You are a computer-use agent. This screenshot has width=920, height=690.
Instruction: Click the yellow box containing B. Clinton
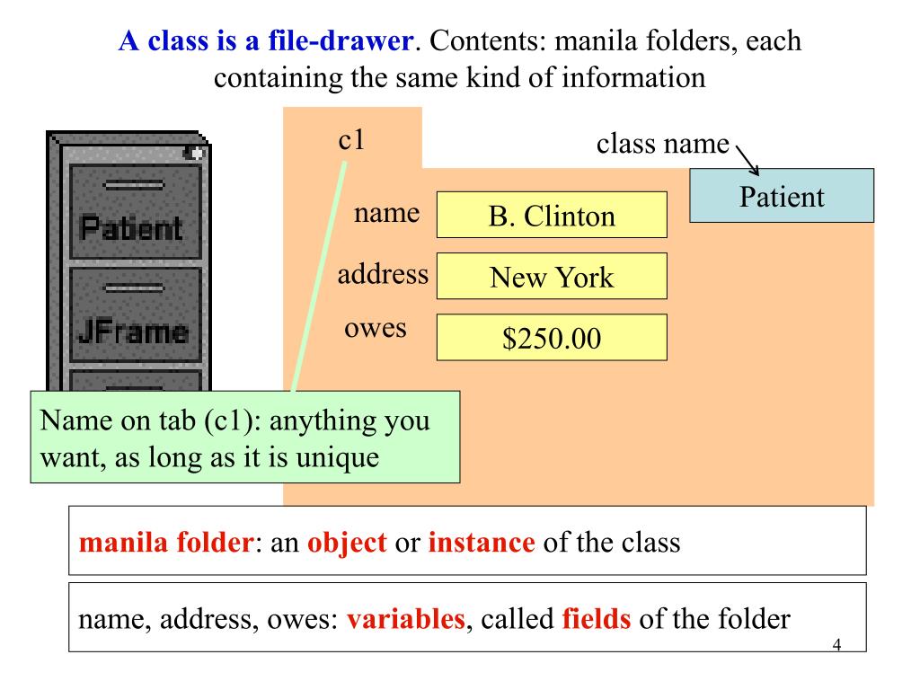(552, 215)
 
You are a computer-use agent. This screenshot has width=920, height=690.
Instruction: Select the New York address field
(552, 276)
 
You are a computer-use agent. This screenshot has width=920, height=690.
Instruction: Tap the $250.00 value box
(552, 337)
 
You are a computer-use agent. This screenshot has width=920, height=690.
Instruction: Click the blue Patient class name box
(782, 196)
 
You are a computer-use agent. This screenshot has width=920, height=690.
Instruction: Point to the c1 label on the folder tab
(351, 140)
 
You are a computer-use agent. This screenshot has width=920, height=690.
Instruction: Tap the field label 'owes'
(376, 328)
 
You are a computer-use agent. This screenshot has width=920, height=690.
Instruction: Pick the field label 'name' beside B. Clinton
(387, 213)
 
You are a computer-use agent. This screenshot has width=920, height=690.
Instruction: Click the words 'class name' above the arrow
(663, 144)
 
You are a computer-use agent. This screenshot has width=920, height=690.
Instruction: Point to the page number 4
(836, 644)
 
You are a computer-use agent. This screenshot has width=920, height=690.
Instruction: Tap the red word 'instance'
(482, 543)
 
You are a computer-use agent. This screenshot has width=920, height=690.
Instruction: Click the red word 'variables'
(405, 619)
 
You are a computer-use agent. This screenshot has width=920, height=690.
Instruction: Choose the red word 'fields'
(596, 619)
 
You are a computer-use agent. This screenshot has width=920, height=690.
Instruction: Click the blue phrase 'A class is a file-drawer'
(267, 41)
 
